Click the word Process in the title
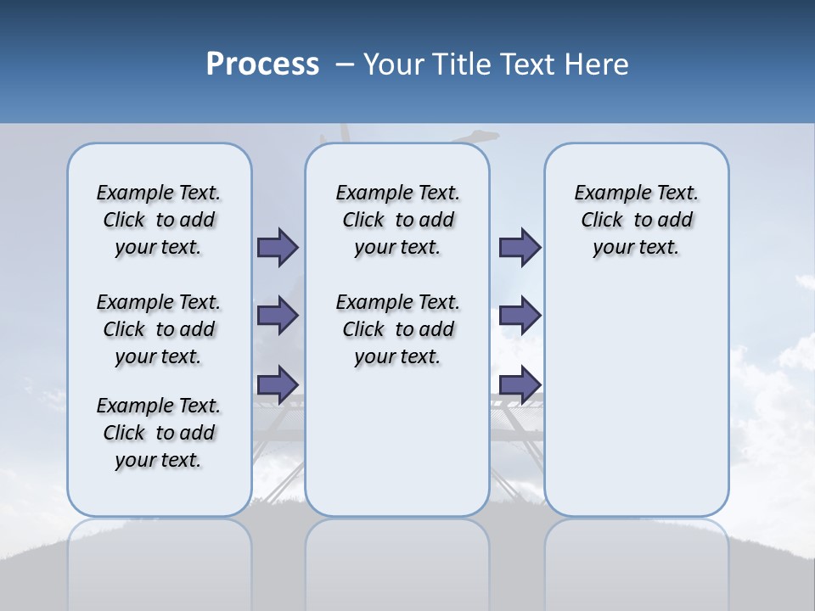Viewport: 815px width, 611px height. click(x=262, y=64)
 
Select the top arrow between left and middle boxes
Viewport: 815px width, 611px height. click(x=278, y=247)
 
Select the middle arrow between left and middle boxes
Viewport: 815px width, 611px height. click(x=278, y=316)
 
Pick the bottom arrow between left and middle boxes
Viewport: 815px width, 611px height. click(x=278, y=384)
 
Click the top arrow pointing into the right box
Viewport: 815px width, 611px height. click(x=520, y=247)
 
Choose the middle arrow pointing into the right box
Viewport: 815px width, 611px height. click(x=520, y=316)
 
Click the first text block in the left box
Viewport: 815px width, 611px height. click(x=159, y=220)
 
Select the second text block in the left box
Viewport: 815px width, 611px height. click(x=159, y=329)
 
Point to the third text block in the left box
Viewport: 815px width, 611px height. click(x=159, y=433)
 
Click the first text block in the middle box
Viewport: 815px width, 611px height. click(x=397, y=220)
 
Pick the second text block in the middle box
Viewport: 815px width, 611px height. click(x=397, y=329)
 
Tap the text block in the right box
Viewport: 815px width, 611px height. click(x=637, y=220)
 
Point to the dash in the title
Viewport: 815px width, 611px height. click(x=346, y=64)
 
